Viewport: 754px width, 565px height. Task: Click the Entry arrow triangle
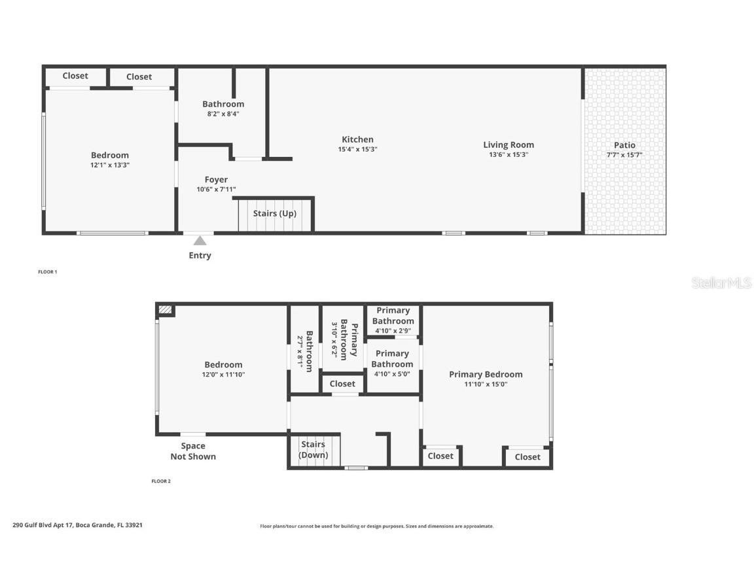[x=200, y=241]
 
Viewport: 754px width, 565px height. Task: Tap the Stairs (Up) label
[x=275, y=213]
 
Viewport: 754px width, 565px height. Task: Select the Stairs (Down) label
[x=314, y=450]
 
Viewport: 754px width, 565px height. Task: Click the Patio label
[x=624, y=145]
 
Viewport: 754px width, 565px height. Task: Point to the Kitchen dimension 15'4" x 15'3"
[x=357, y=149]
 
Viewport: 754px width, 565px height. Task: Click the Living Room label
[x=509, y=145]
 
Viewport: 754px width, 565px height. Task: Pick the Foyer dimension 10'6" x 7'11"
[x=216, y=189]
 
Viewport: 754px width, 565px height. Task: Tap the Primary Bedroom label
[x=486, y=374]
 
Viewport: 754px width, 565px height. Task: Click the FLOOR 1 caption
[x=48, y=271]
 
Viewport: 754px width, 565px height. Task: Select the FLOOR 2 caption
[x=161, y=481]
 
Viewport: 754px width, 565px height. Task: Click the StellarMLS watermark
[x=721, y=282]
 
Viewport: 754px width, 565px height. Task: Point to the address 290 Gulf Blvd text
[x=77, y=524]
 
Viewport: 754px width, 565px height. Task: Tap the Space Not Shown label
[x=193, y=451]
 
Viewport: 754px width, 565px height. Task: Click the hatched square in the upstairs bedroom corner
[x=166, y=310]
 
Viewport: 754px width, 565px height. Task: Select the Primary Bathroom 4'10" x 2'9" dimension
[x=393, y=330]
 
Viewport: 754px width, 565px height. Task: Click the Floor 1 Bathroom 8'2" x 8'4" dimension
[x=223, y=114]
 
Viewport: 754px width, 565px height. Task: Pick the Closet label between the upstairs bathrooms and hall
[x=342, y=384]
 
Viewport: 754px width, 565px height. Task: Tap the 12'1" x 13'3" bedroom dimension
[x=110, y=165]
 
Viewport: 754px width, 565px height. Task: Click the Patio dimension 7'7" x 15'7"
[x=624, y=155]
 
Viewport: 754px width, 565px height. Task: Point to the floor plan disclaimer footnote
[x=377, y=526]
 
